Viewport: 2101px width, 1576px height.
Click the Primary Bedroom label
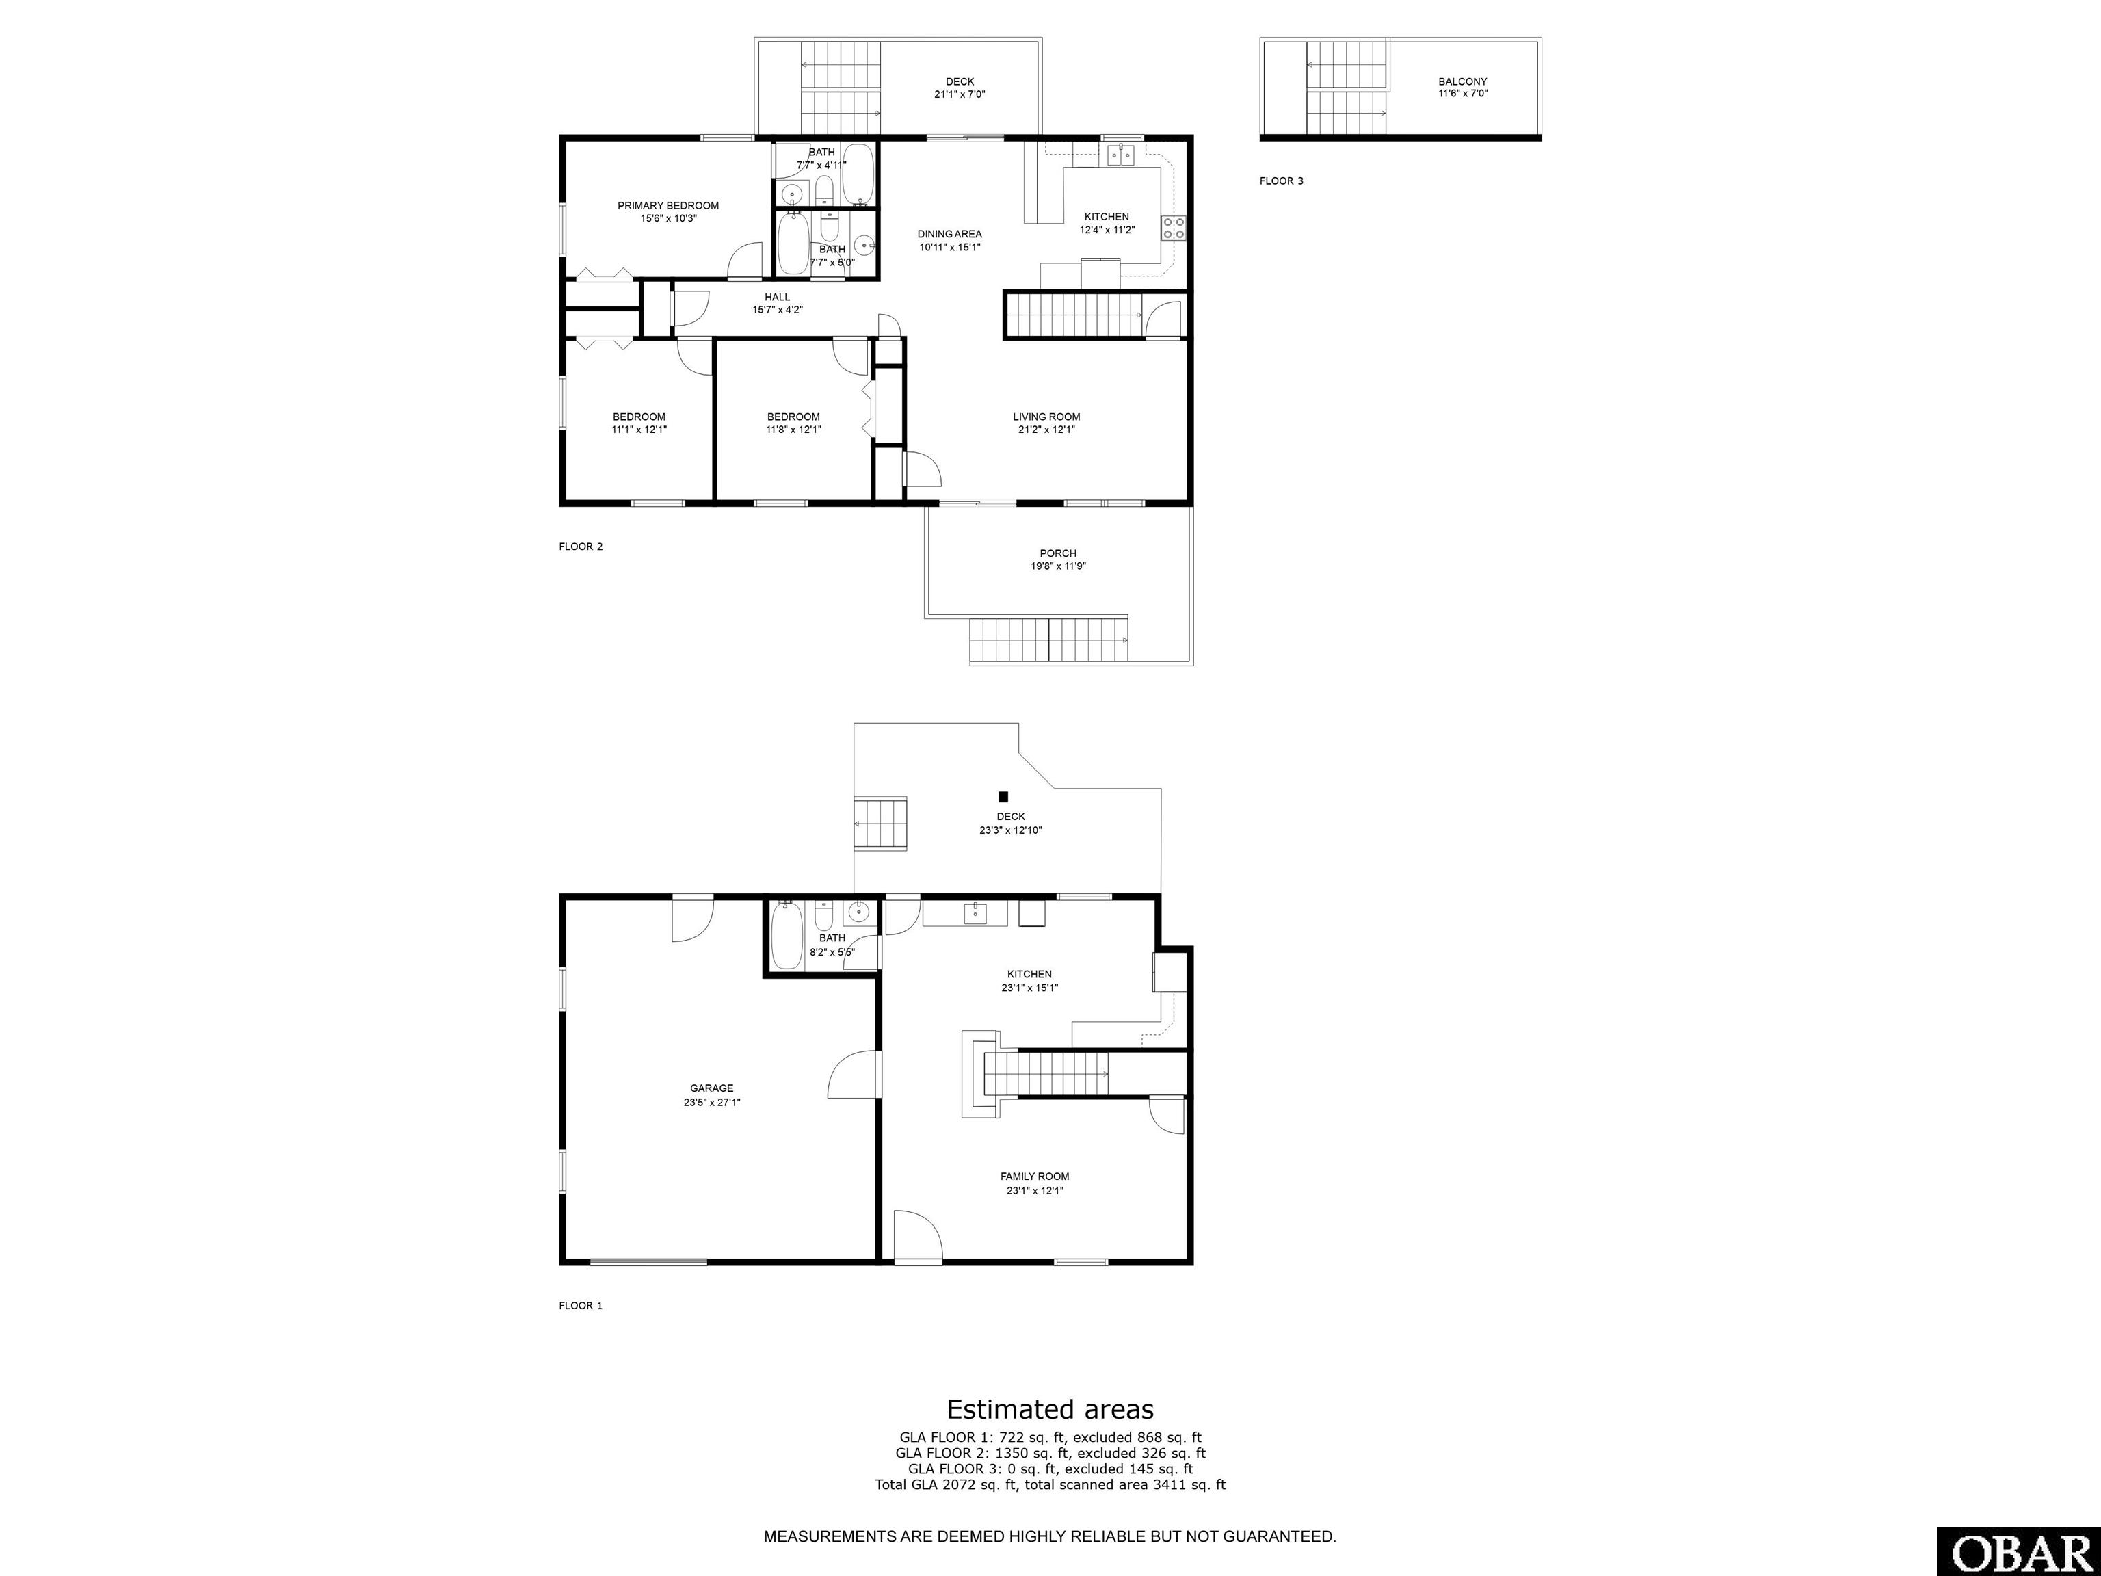coord(668,205)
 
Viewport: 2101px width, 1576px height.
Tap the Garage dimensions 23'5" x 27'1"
coord(711,1102)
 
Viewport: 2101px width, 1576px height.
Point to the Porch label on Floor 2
coord(1058,553)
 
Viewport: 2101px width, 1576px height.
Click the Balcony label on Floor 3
coord(1463,81)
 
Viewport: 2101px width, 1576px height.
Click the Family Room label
coord(1034,1176)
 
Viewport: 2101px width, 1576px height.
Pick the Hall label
coord(777,296)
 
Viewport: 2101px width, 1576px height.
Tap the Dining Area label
coord(950,234)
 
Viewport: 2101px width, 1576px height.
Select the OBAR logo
coord(2018,1552)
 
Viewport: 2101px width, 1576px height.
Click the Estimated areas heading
coord(1050,1409)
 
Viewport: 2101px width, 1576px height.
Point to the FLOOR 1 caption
coord(581,1305)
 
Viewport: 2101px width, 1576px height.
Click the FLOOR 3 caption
coord(1281,181)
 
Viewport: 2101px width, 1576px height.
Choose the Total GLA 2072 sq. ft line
coord(1050,1484)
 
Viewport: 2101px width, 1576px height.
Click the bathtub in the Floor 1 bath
coord(787,936)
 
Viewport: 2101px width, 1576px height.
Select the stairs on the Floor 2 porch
coord(1048,640)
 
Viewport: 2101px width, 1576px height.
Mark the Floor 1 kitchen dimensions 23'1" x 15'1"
coord(1029,987)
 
